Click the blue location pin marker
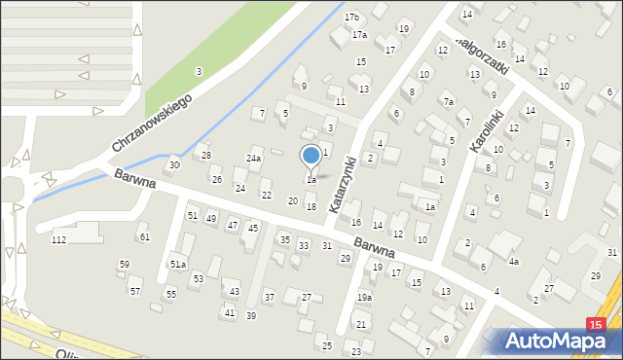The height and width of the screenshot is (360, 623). tap(311, 157)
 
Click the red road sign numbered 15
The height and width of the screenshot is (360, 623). tap(597, 324)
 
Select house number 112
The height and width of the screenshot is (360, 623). tap(58, 239)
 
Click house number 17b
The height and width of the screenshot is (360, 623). tap(351, 18)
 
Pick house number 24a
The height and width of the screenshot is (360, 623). tap(254, 158)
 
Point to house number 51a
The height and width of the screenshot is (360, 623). tap(178, 264)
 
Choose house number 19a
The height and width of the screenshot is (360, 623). tap(364, 298)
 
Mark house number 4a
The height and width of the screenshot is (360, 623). tap(513, 262)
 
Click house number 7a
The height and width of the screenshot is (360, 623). tap(448, 101)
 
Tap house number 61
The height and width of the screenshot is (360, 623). tap(144, 236)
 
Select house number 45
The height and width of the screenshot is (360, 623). tap(253, 228)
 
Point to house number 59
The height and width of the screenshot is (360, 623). tap(124, 264)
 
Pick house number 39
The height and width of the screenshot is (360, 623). tap(250, 315)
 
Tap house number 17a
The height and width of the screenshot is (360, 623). tap(359, 35)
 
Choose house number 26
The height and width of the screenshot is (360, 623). tap(216, 180)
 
